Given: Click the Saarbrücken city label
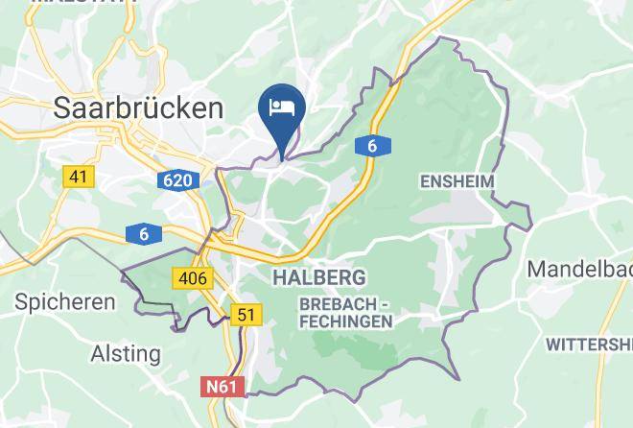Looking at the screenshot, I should click(139, 107).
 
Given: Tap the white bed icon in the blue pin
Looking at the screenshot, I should click(283, 106).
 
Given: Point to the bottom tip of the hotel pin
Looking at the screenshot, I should click(283, 154).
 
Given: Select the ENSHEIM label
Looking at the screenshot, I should click(457, 180).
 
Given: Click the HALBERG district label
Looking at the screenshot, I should click(318, 277).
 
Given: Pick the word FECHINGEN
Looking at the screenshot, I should click(345, 321).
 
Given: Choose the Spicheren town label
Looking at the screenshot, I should click(65, 301).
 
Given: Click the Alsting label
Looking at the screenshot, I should click(126, 353).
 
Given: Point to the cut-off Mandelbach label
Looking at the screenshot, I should click(579, 268).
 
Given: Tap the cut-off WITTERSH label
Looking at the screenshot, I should click(589, 344).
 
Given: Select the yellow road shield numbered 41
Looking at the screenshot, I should click(78, 177).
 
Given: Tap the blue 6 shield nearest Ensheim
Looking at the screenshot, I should click(372, 146).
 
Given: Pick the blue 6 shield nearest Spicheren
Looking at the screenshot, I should click(144, 234).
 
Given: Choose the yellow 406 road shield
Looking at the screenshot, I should click(192, 278).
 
